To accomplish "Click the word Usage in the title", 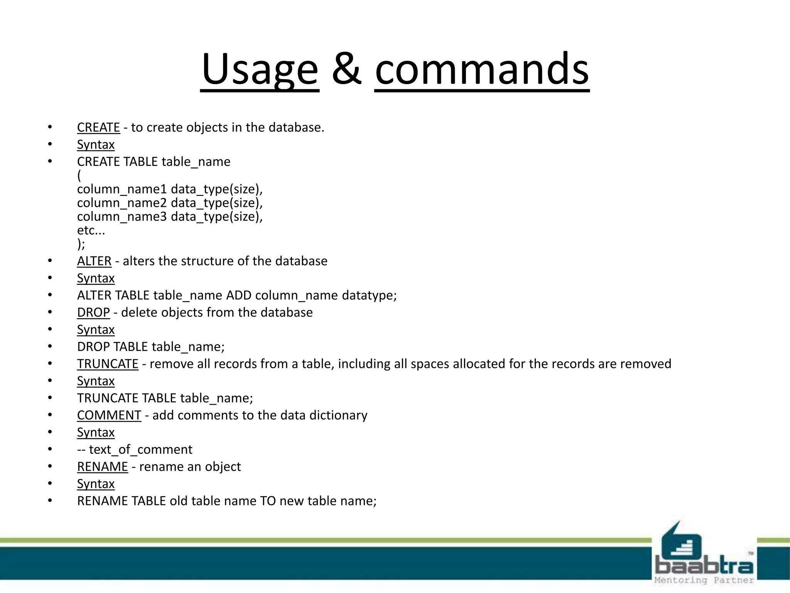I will pos(260,70).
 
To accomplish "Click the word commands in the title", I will pos(482,70).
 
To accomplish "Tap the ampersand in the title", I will pos(347,70).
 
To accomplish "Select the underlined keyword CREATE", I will pos(98,127).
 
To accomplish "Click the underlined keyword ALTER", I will pos(94,261).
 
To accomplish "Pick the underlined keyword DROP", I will pos(93,312).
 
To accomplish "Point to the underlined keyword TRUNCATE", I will pos(108,364).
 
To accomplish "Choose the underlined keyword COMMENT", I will pos(109,415).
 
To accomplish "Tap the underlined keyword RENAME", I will pos(102,466).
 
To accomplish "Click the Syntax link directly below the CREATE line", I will pos(96,144).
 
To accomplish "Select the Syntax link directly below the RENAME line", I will pos(96,484).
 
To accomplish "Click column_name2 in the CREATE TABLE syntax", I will pos(122,203).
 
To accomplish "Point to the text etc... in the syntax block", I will pos(91,230).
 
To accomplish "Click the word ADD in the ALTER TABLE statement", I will pos(238,295).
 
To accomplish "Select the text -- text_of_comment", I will pos(134,449).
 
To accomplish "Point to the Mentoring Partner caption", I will pos(704,580).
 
